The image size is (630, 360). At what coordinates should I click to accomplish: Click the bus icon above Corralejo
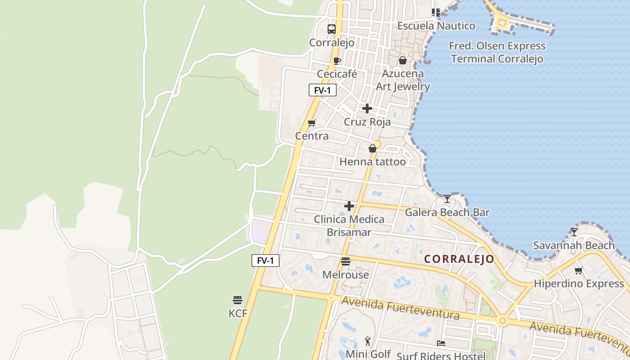pyautogui.click(x=332, y=29)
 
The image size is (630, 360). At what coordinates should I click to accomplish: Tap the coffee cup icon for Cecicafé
pyautogui.click(x=337, y=61)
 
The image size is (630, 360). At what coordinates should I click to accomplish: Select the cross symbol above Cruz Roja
pyautogui.click(x=367, y=108)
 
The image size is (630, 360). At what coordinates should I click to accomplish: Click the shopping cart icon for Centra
pyautogui.click(x=311, y=123)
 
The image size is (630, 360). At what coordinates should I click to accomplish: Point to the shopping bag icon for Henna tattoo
pyautogui.click(x=373, y=148)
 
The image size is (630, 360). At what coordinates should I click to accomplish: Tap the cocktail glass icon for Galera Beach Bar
pyautogui.click(x=447, y=198)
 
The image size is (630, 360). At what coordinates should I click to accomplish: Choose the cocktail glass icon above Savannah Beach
pyautogui.click(x=574, y=232)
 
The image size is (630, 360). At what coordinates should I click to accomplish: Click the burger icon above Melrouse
pyautogui.click(x=346, y=261)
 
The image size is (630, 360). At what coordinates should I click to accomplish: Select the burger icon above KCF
pyautogui.click(x=238, y=300)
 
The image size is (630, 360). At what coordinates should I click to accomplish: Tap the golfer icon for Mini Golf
pyautogui.click(x=368, y=341)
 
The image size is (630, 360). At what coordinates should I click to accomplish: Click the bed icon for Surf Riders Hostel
pyautogui.click(x=441, y=343)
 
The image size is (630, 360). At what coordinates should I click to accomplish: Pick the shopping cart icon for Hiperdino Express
pyautogui.click(x=579, y=270)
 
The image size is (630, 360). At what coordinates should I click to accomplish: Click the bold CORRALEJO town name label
pyautogui.click(x=459, y=259)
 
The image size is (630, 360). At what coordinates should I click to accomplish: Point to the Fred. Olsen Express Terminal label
pyautogui.click(x=497, y=52)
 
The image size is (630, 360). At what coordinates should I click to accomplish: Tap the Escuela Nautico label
pyautogui.click(x=436, y=26)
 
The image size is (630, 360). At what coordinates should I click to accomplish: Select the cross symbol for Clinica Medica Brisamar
pyautogui.click(x=349, y=207)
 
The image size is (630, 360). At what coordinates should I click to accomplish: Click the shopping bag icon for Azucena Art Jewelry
pyautogui.click(x=403, y=60)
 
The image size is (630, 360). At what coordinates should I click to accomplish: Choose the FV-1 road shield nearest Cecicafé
pyautogui.click(x=323, y=90)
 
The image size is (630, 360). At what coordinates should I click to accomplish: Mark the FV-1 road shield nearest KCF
pyautogui.click(x=265, y=261)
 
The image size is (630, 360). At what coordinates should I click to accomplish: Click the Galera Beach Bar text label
pyautogui.click(x=447, y=212)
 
